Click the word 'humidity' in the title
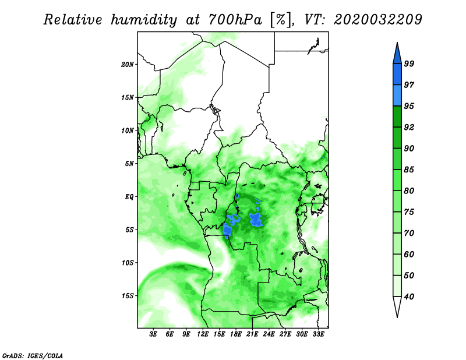tap(144, 20)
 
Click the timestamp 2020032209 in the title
tap(377, 19)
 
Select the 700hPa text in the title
tap(235, 19)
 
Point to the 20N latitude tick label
tap(128, 65)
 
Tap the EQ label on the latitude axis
tap(129, 197)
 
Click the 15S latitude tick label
tap(128, 296)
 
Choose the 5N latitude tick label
tap(129, 164)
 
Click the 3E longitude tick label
tap(153, 334)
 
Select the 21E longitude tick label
tap(252, 334)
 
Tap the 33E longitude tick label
tap(318, 334)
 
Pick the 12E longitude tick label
tap(203, 334)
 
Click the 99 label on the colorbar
tap(409, 63)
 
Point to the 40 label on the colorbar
tap(409, 297)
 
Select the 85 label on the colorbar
tap(409, 170)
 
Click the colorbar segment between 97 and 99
tap(397, 75)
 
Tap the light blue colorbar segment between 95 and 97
tap(397, 96)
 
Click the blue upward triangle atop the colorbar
tap(397, 55)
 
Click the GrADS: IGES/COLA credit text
tap(33, 355)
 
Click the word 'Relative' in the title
tap(73, 20)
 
